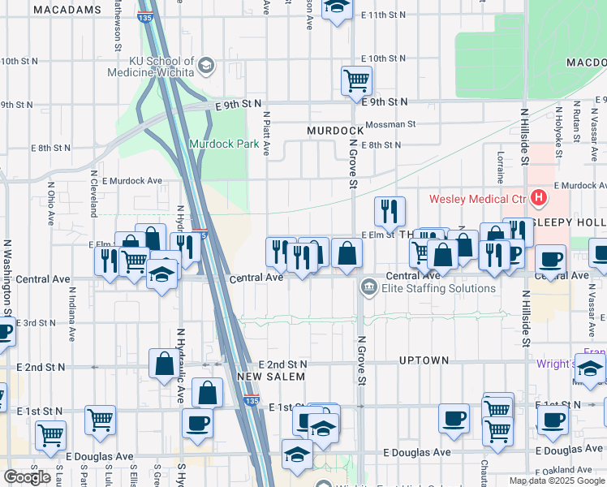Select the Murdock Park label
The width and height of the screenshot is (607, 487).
point(224,144)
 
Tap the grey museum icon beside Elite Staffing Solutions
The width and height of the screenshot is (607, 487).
point(368,287)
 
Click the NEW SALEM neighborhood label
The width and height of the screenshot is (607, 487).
point(271,377)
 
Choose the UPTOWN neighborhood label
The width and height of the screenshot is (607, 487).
point(424,360)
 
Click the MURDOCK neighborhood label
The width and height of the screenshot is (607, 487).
point(334,131)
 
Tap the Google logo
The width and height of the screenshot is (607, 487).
point(27,477)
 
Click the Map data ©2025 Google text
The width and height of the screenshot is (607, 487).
point(557,481)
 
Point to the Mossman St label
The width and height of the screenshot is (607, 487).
point(390,125)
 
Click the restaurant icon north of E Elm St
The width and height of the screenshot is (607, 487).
point(390,211)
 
